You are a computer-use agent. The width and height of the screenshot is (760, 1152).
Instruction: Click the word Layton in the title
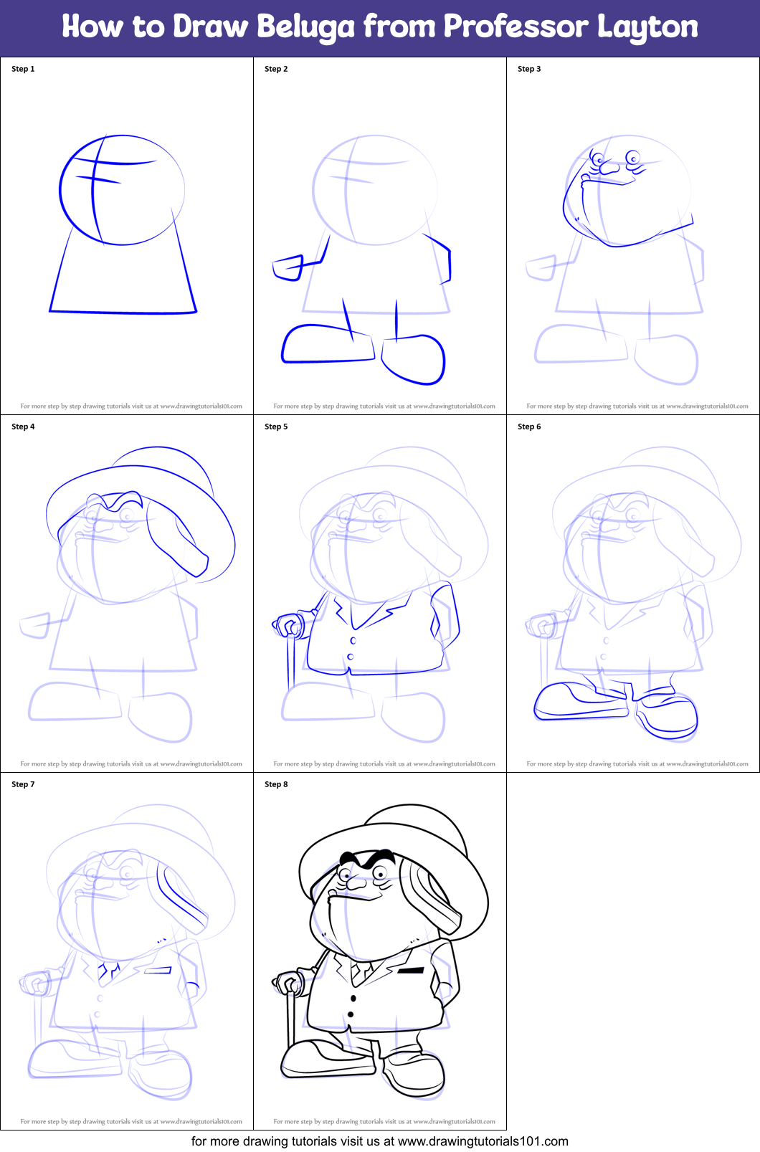[647, 27]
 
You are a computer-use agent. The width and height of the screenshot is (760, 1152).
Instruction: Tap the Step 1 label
[23, 69]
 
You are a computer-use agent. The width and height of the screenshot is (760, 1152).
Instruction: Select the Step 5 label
[276, 427]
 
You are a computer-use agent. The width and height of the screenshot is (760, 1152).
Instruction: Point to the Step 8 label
[276, 784]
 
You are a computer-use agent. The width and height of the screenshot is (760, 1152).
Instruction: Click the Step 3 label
[529, 69]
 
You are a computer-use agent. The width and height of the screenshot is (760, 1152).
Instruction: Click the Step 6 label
[529, 427]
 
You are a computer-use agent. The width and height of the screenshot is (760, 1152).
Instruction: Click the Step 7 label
[23, 784]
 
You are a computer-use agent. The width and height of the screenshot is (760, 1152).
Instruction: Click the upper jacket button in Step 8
[353, 998]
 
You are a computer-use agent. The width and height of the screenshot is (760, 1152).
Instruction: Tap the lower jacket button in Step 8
[351, 1014]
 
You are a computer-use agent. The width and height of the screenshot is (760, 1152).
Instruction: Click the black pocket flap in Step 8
[411, 971]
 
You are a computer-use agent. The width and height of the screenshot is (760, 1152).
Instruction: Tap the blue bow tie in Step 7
[108, 972]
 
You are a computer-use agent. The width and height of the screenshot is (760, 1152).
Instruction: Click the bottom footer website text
[379, 1141]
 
